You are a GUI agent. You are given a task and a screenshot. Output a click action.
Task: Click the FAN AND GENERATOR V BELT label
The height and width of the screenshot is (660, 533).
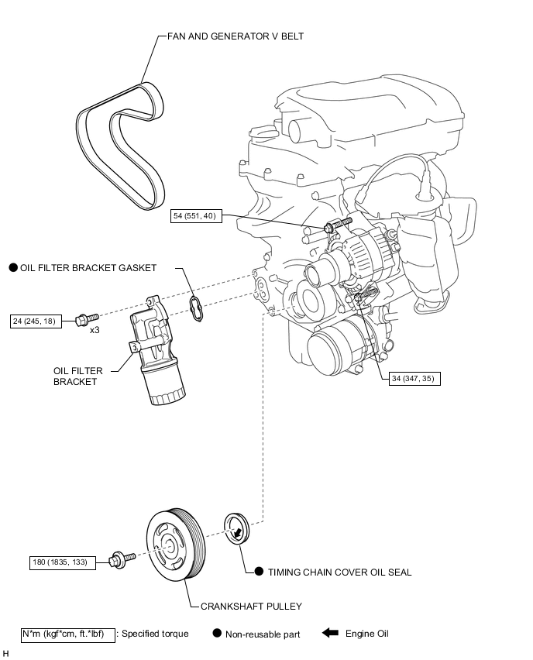pyautogui.click(x=236, y=36)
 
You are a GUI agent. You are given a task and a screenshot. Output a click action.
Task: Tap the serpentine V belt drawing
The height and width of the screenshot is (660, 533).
pyautogui.click(x=120, y=146)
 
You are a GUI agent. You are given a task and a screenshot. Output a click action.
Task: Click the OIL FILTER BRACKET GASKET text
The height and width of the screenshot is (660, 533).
pyautogui.click(x=88, y=268)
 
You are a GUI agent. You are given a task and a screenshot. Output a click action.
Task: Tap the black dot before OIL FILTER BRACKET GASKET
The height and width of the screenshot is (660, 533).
pyautogui.click(x=13, y=267)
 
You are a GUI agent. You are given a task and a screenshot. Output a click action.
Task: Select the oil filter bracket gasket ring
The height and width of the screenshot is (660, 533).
pyautogui.click(x=196, y=309)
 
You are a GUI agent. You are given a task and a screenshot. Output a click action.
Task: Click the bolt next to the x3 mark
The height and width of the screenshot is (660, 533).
pyautogui.click(x=87, y=319)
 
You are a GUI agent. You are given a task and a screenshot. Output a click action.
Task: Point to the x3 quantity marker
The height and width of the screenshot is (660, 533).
pyautogui.click(x=95, y=330)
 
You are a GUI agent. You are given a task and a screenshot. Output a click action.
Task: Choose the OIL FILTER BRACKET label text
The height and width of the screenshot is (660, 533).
pyautogui.click(x=78, y=376)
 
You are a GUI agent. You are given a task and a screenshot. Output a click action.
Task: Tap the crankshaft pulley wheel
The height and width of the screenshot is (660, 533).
pyautogui.click(x=176, y=545)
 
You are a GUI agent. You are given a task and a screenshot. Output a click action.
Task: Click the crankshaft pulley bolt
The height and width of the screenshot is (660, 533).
pyautogui.click(x=122, y=559)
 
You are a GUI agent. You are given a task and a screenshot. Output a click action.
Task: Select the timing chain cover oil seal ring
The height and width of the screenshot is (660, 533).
pyautogui.click(x=236, y=528)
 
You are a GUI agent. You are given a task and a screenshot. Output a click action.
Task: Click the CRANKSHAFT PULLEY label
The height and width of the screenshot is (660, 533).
pyautogui.click(x=251, y=606)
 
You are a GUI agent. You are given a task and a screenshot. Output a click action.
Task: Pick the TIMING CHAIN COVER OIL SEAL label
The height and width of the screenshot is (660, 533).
pyautogui.click(x=340, y=572)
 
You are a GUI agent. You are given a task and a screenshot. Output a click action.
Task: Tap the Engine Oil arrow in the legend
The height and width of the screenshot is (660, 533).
pyautogui.click(x=331, y=633)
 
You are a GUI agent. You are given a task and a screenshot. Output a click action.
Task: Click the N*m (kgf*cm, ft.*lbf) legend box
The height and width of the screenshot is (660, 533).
pyautogui.click(x=68, y=634)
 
